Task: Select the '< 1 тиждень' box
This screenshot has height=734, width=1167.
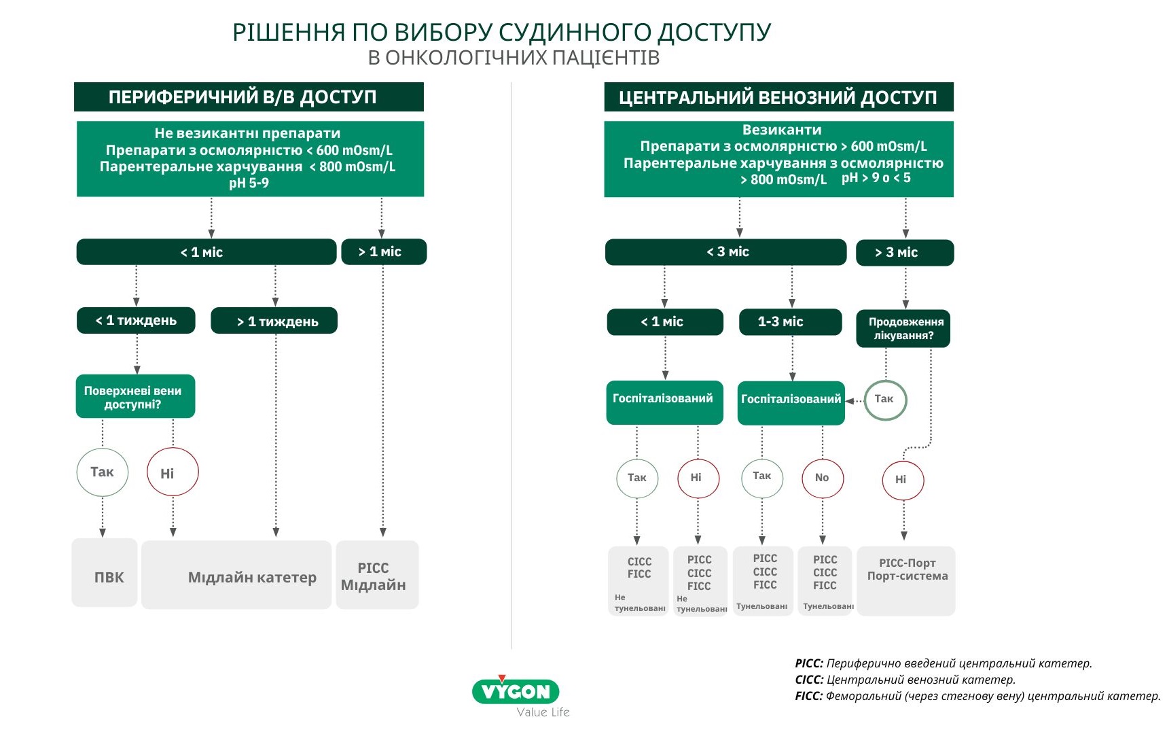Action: (x=136, y=321)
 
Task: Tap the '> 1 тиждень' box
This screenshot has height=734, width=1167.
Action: (x=274, y=321)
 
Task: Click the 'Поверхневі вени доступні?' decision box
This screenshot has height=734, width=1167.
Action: (x=135, y=396)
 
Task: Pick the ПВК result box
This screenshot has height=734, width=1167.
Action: (x=105, y=573)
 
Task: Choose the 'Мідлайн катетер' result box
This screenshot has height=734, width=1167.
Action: (x=236, y=575)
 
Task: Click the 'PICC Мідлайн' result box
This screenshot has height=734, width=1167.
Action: (x=378, y=575)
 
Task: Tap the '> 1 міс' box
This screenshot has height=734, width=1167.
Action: (x=384, y=251)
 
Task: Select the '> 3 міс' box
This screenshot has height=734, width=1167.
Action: (x=905, y=253)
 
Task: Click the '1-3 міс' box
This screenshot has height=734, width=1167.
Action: (x=791, y=322)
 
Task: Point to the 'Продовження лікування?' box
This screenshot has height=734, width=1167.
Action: (x=903, y=329)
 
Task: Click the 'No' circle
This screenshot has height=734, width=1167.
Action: (x=823, y=478)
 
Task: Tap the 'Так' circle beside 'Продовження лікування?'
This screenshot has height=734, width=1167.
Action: (x=885, y=400)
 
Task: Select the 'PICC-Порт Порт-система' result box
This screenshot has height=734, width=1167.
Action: (x=906, y=581)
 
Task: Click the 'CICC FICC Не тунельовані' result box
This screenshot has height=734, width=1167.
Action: (x=639, y=581)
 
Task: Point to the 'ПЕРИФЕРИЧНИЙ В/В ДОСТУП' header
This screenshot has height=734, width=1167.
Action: (x=249, y=97)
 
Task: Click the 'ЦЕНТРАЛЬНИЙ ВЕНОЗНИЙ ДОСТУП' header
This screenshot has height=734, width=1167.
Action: (x=778, y=97)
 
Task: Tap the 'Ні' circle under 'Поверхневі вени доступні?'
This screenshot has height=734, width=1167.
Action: (x=173, y=472)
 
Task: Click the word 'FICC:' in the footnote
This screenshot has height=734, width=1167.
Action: (x=809, y=696)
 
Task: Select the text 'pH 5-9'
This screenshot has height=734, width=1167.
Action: (x=249, y=183)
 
